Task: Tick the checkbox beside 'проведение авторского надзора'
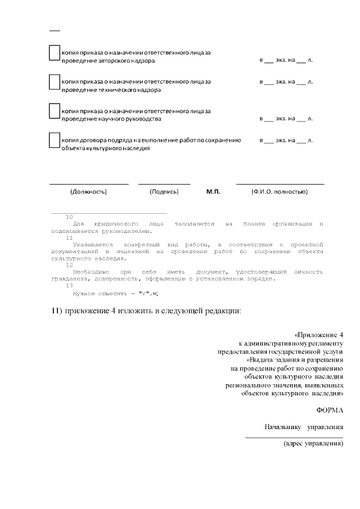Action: click(x=55, y=53)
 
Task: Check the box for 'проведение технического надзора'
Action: click(x=55, y=82)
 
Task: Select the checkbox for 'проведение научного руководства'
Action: click(x=55, y=111)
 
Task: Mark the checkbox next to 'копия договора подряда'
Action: click(x=55, y=140)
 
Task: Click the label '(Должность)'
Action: click(x=88, y=192)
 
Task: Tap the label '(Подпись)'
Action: click(x=164, y=192)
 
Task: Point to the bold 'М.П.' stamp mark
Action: click(x=213, y=192)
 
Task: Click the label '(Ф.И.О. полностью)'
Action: click(x=280, y=192)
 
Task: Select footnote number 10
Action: click(x=69, y=217)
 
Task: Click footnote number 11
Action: click(x=69, y=238)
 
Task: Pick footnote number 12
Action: click(x=69, y=265)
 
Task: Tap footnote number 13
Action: click(x=69, y=286)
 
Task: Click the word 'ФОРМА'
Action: click(x=330, y=409)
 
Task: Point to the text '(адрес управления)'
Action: click(x=313, y=443)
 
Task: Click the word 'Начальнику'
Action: click(x=285, y=427)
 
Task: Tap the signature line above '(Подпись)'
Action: click(x=164, y=184)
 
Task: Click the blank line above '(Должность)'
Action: click(x=89, y=184)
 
